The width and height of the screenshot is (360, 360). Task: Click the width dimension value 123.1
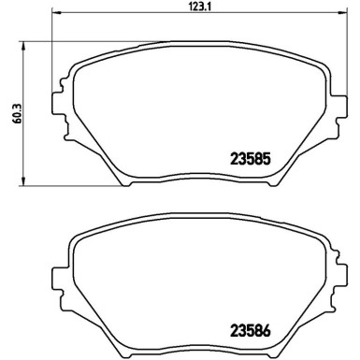[x=180, y=7]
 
